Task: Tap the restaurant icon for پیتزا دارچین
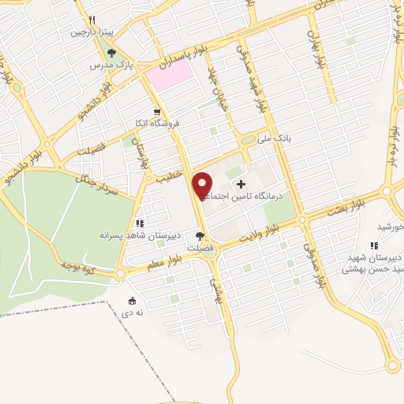click(92, 21)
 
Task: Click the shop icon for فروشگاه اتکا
click(157, 112)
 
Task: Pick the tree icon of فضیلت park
click(200, 235)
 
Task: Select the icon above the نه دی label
click(132, 301)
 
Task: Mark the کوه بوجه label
click(80, 268)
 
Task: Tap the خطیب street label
click(169, 178)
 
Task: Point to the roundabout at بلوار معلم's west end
click(119, 273)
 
